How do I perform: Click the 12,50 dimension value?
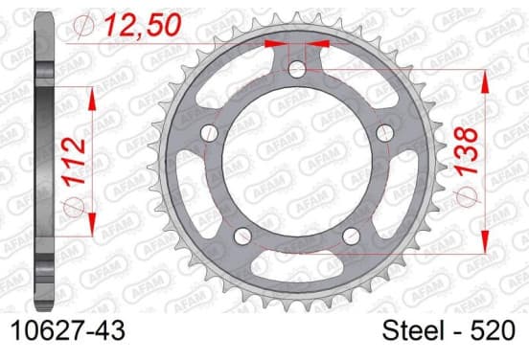pyautogui.click(x=143, y=25)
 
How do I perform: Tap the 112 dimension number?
pyautogui.click(x=75, y=162)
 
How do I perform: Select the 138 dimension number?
pyautogui.click(x=467, y=151)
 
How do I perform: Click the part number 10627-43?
pyautogui.click(x=68, y=330)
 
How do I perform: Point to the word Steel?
pyautogui.click(x=413, y=330)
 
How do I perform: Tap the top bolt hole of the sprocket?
pyautogui.click(x=297, y=70)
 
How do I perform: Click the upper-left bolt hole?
pyautogui.click(x=209, y=132)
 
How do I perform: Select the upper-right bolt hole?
pyautogui.click(x=385, y=132)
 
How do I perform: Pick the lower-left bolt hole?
pyautogui.click(x=242, y=236)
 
